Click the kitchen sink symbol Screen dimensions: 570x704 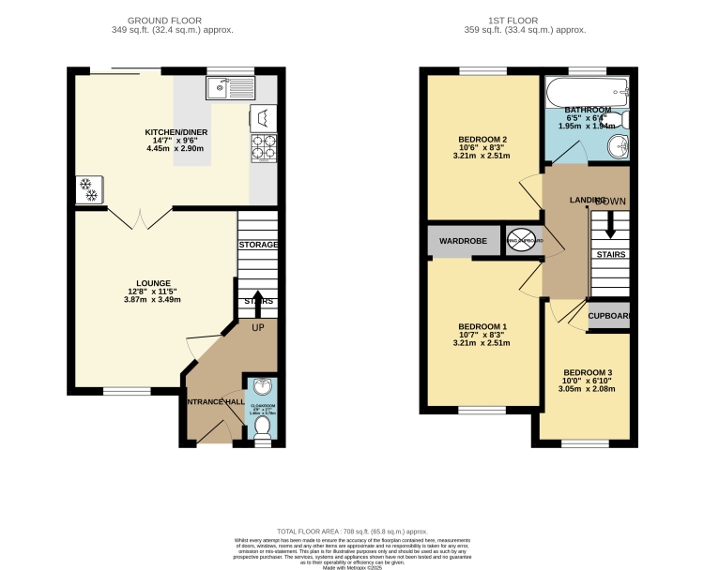229,88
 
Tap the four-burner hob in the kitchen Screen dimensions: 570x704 263,148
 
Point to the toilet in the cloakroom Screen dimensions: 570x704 263,428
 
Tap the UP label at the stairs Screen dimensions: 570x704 258,328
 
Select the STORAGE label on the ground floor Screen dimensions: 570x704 258,245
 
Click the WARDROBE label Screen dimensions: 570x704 465,241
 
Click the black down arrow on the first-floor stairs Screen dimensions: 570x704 610,226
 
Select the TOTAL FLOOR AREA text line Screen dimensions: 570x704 351,531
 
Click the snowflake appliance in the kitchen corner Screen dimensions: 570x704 90,189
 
